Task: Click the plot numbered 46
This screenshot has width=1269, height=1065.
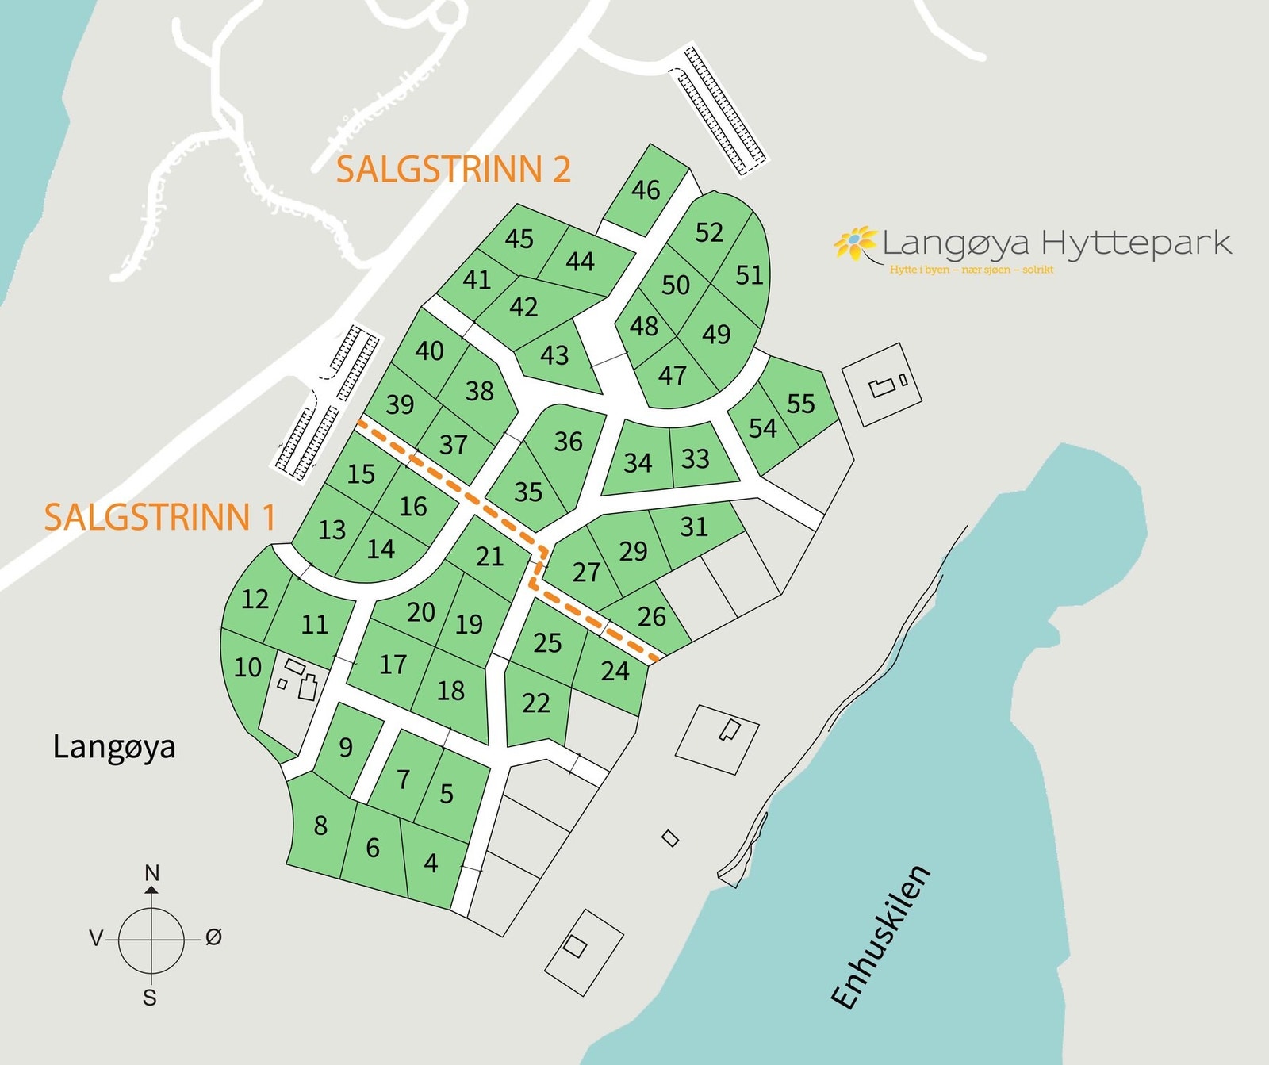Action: (x=646, y=190)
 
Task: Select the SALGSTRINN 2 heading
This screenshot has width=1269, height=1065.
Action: (x=453, y=170)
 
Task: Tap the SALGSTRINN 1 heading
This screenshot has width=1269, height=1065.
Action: (x=159, y=517)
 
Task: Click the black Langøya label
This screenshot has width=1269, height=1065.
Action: (x=114, y=747)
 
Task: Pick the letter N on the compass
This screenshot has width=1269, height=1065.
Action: (x=152, y=873)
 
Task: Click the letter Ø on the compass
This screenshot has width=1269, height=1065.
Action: (x=213, y=937)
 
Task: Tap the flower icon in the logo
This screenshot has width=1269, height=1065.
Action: (x=854, y=243)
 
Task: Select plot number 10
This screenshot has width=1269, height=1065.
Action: (x=247, y=668)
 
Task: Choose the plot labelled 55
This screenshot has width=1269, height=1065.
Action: (x=800, y=404)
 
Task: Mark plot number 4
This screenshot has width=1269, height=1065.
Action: (x=431, y=863)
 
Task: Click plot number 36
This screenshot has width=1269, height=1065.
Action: (x=568, y=442)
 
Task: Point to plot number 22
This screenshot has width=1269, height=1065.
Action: (x=536, y=703)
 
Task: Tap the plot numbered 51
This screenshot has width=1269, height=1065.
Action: (x=749, y=275)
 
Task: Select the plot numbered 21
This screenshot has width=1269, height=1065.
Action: (x=489, y=557)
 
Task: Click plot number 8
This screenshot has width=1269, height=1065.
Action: (x=320, y=826)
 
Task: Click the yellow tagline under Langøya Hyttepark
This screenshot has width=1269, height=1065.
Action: (x=971, y=270)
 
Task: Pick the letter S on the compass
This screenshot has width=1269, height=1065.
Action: (x=150, y=998)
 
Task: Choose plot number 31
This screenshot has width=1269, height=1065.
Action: (x=693, y=527)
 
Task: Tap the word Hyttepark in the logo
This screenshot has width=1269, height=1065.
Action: (x=1136, y=242)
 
